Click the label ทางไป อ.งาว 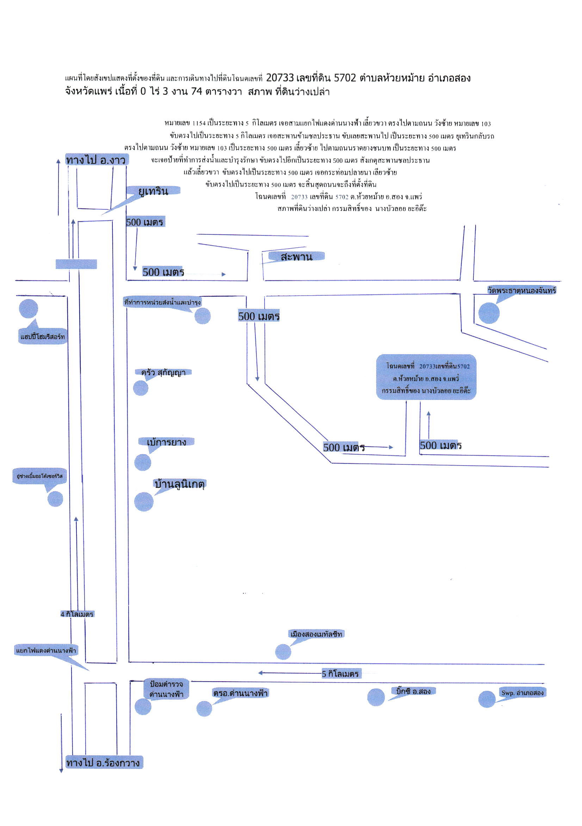tap(96, 160)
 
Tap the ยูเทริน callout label tap(153, 191)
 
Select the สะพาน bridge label tap(296, 257)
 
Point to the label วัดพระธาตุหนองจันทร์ tap(521, 290)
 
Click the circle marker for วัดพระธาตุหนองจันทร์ tap(489, 313)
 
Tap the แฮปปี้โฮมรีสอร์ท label tap(43, 337)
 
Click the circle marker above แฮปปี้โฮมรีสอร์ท tap(28, 309)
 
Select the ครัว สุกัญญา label tap(163, 373)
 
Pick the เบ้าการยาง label tap(167, 442)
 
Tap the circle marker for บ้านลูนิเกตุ tap(144, 501)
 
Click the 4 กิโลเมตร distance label tap(77, 614)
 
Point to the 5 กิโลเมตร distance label tap(340, 673)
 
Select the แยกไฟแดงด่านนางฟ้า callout tap(46, 651)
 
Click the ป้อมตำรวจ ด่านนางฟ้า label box tap(166, 689)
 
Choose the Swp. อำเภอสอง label tap(523, 692)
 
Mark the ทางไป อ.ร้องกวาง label tap(104, 762)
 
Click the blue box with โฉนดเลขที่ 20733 tap(426, 377)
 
